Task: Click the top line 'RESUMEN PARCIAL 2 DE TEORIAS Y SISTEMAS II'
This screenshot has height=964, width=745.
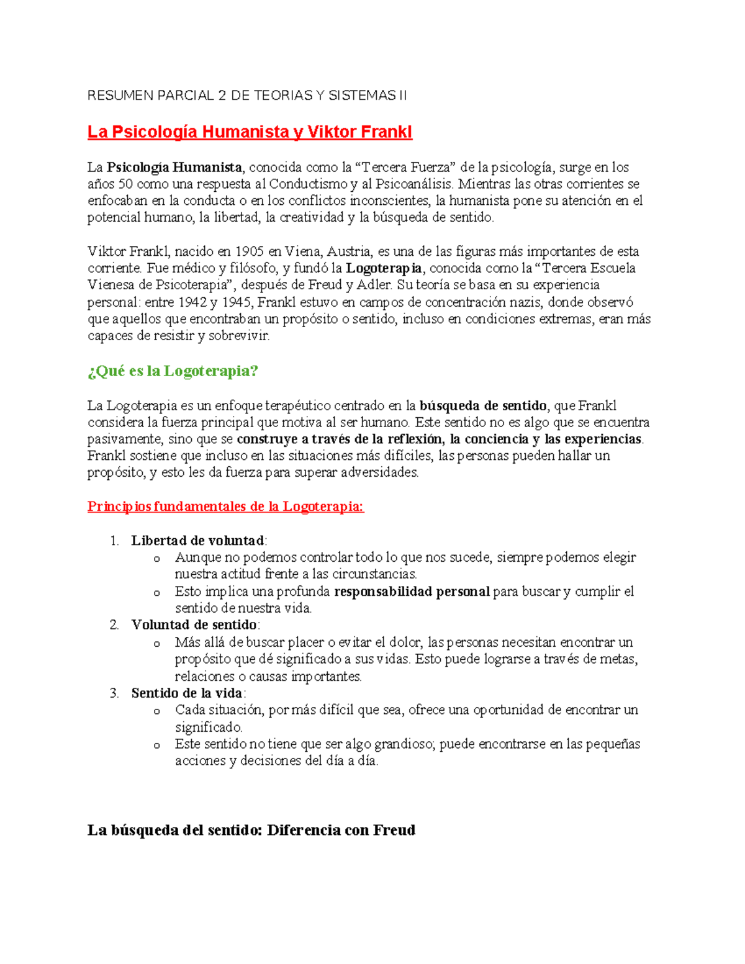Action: click(x=247, y=96)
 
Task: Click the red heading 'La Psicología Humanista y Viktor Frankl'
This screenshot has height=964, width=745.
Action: click(x=250, y=132)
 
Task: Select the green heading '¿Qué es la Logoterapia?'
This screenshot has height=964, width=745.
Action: click(x=173, y=371)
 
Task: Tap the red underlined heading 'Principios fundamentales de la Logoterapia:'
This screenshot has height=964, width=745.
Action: click(x=225, y=507)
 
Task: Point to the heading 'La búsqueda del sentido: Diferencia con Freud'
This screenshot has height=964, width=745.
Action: click(x=251, y=831)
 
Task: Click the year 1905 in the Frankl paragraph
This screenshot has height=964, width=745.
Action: click(x=250, y=252)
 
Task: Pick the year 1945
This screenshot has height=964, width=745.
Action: click(x=237, y=302)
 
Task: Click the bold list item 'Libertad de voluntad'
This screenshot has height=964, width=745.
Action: click(x=198, y=541)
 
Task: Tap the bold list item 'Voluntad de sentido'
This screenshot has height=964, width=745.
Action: click(x=194, y=625)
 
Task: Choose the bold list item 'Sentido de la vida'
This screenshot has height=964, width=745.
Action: click(x=187, y=693)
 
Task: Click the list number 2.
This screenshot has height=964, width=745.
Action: click(x=114, y=625)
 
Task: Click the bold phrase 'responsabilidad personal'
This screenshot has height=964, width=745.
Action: click(x=412, y=592)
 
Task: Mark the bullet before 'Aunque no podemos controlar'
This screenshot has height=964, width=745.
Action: click(x=157, y=559)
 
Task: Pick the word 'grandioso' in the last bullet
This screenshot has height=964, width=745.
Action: click(x=404, y=744)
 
